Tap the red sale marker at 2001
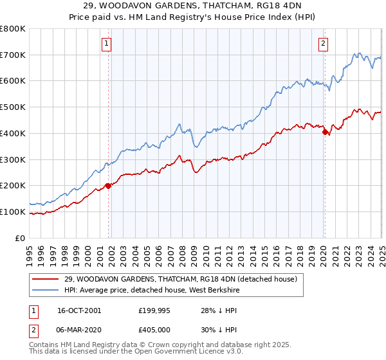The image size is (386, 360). tap(109, 186)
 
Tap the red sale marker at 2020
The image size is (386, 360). tap(326, 132)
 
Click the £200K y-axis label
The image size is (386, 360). tap(13, 186)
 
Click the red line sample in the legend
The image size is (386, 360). tap(46, 279)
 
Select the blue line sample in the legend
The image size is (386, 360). tap(46, 290)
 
